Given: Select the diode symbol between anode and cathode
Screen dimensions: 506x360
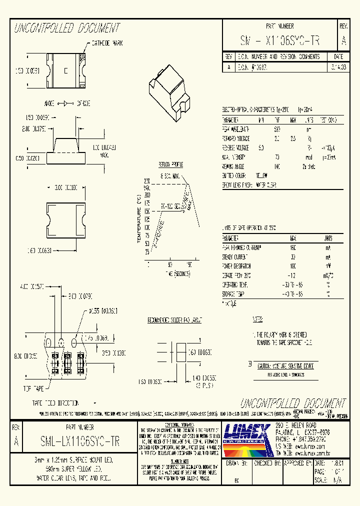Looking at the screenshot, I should coord(65,103).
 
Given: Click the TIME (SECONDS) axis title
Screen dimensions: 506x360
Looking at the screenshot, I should coord(173,274).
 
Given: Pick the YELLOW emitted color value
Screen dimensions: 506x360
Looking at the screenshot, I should coord(261,175).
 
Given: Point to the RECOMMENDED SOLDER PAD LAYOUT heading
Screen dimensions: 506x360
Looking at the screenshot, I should coord(174,319).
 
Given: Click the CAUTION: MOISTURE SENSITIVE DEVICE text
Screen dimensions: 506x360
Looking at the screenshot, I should coord(285,366).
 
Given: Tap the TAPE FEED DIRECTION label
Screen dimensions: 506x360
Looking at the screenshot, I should coord(55,402).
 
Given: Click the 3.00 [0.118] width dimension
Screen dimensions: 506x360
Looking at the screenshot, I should coord(65,187).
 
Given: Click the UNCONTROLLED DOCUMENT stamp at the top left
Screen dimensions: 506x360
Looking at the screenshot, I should coord(66,27).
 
